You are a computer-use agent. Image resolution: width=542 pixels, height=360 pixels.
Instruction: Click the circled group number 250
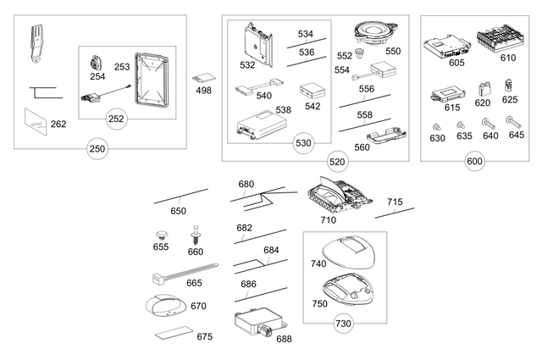pyautogui.click(x=98, y=150)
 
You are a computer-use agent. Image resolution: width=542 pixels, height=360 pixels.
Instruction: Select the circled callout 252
pyautogui.click(x=116, y=118)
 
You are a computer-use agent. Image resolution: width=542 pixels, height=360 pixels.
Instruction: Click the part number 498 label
pyautogui.click(x=203, y=90)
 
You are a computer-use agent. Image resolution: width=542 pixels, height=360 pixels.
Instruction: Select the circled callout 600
pyautogui.click(x=474, y=161)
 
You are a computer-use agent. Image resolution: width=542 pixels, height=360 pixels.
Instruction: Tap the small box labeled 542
pyautogui.click(x=312, y=91)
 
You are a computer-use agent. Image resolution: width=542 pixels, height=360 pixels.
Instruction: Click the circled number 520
pyautogui.click(x=337, y=161)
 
